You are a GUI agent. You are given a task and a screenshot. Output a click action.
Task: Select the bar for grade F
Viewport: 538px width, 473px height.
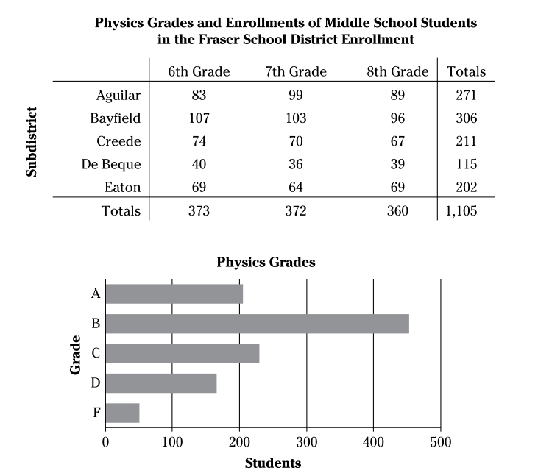(x=122, y=413)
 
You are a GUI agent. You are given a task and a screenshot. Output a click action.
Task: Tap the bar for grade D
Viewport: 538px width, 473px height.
(x=161, y=383)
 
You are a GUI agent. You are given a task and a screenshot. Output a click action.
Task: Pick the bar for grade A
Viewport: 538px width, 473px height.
(x=174, y=294)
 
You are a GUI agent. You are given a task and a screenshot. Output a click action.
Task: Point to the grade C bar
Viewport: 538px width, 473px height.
(x=183, y=353)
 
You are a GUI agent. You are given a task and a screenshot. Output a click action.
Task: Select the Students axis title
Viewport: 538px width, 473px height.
(x=272, y=463)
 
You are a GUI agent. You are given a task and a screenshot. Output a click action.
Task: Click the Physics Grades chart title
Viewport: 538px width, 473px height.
(x=266, y=262)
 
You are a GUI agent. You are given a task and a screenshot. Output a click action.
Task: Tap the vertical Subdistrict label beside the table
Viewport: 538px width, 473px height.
(x=32, y=141)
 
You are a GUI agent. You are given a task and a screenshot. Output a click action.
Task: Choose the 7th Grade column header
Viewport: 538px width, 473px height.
(x=296, y=71)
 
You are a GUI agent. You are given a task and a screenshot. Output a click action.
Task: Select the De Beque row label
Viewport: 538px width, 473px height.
(x=110, y=164)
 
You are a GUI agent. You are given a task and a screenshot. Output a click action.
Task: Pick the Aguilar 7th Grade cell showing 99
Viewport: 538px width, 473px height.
(x=296, y=95)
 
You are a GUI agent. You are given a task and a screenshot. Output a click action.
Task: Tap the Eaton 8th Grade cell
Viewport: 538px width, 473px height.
(x=397, y=188)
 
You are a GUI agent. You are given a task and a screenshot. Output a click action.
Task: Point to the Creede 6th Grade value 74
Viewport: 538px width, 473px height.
(x=199, y=141)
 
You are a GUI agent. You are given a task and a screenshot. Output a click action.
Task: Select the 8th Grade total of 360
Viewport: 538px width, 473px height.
(x=397, y=211)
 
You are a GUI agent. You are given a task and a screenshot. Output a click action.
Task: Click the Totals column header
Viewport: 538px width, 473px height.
(x=466, y=71)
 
